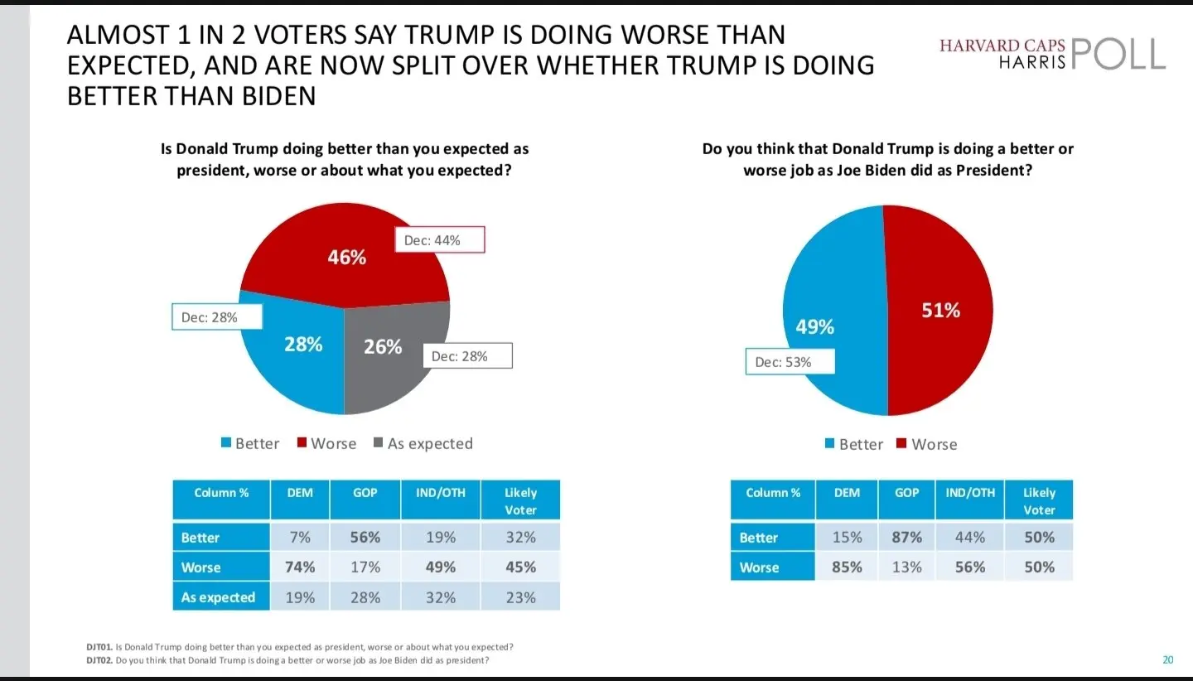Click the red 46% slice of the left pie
[x=345, y=257]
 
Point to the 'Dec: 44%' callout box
[x=439, y=241]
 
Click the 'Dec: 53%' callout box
[x=790, y=362]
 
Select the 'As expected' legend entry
[x=423, y=443]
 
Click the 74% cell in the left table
[x=300, y=567]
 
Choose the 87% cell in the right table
[x=906, y=537]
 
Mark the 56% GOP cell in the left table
[x=365, y=537]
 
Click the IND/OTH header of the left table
[x=441, y=493]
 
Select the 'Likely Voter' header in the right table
[x=1039, y=500]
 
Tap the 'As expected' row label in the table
[x=218, y=597]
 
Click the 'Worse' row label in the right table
[x=759, y=567]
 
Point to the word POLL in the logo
[x=1118, y=54]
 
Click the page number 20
[x=1168, y=660]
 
